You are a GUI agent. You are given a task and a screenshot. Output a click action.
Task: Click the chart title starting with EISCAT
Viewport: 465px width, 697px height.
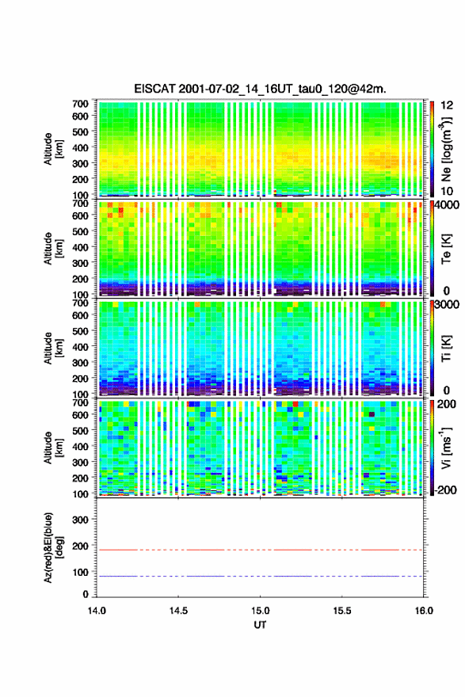pyautogui.click(x=260, y=89)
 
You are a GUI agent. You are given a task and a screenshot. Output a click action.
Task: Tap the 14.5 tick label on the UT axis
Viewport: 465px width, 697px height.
pyautogui.click(x=178, y=611)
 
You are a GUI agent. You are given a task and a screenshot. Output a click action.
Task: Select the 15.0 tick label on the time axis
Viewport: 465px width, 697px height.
pyautogui.click(x=260, y=611)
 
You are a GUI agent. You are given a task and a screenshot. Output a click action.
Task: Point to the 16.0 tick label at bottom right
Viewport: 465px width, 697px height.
pyautogui.click(x=424, y=611)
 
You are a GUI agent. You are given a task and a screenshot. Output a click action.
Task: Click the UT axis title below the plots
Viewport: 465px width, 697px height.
pyautogui.click(x=260, y=625)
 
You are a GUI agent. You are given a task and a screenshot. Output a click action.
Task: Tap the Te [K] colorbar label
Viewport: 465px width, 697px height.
pyautogui.click(x=446, y=249)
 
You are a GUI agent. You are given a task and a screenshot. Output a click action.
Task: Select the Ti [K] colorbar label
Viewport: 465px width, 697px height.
pyautogui.click(x=446, y=348)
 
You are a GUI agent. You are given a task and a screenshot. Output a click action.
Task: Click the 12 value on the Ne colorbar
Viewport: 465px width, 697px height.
pyautogui.click(x=447, y=105)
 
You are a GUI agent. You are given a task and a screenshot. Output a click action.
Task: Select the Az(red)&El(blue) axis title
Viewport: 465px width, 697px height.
pyautogui.click(x=53, y=547)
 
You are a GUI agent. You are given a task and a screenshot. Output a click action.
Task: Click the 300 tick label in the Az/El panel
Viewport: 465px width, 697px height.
pyautogui.click(x=81, y=520)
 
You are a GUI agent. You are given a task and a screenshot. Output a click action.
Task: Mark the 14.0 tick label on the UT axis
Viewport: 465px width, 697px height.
pyautogui.click(x=97, y=611)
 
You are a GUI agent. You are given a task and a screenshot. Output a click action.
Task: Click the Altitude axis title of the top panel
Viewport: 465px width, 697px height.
pyautogui.click(x=53, y=149)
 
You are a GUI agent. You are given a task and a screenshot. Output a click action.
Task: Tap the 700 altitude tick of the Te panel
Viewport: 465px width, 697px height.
pyautogui.click(x=81, y=203)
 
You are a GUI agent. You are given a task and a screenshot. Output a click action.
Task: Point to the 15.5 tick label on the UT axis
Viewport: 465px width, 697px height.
pyautogui.click(x=342, y=611)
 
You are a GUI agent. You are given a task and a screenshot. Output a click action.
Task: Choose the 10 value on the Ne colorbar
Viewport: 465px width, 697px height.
pyautogui.click(x=447, y=191)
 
